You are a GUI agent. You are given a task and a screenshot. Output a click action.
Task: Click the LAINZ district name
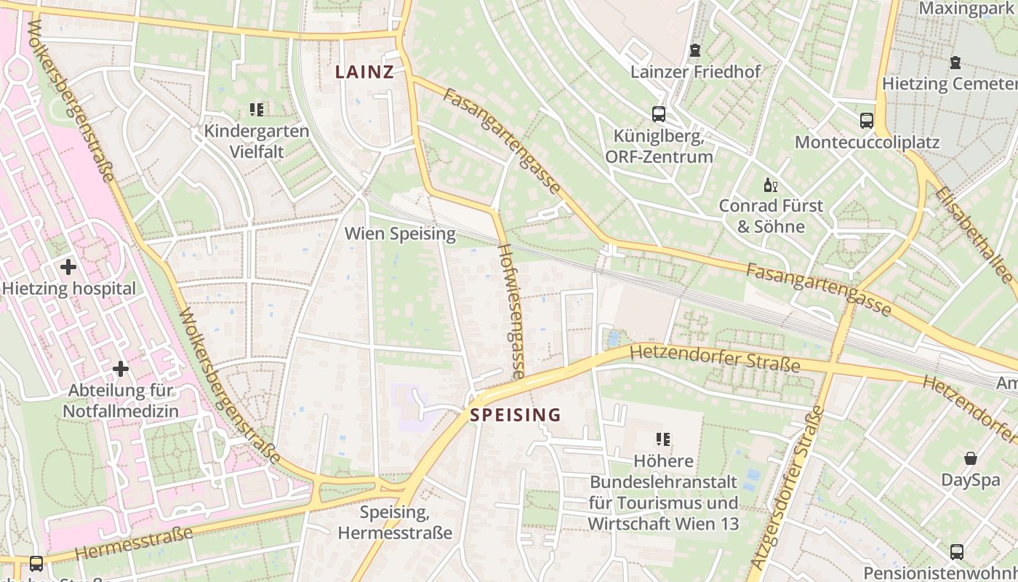364,72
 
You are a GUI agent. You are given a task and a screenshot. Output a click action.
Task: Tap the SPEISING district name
516,415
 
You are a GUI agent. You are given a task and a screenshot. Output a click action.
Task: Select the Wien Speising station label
400,234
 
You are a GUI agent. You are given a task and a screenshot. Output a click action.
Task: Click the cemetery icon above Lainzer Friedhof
695,51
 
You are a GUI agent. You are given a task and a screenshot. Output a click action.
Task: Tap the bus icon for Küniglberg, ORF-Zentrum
659,114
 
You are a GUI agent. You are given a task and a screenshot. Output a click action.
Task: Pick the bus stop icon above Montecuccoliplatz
867,121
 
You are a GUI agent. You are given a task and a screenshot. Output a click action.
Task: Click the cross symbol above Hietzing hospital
68,267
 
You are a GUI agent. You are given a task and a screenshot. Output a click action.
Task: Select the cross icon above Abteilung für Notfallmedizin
121,369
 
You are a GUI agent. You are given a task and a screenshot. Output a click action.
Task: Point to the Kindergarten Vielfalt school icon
256,110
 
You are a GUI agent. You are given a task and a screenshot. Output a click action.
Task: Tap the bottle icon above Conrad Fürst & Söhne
770,185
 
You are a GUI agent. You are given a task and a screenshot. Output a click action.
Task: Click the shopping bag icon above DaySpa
971,458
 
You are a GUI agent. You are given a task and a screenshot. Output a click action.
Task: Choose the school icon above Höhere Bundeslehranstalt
662,439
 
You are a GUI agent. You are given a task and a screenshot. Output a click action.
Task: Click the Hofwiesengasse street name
512,311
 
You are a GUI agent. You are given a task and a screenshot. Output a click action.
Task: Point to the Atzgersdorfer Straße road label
788,487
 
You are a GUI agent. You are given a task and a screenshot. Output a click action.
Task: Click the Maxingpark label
967,8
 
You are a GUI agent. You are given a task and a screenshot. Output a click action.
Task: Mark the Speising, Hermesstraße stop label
395,522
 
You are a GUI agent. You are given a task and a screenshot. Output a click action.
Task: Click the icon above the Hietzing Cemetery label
955,63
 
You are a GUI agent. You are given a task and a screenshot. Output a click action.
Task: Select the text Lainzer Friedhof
695,71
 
